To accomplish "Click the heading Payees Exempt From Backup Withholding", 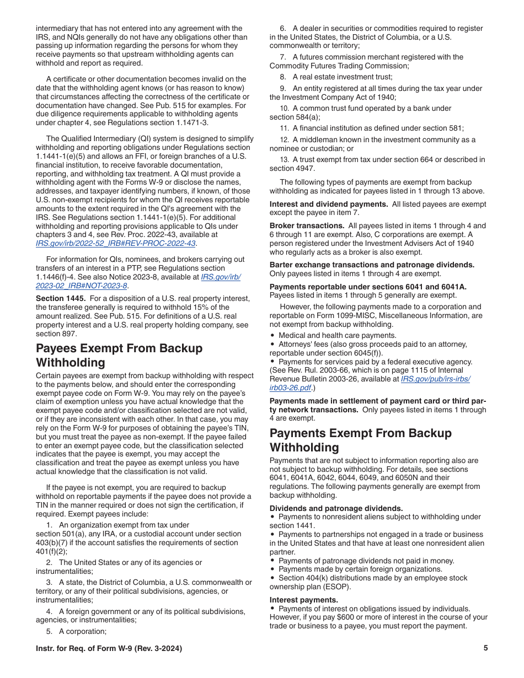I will (x=119, y=356).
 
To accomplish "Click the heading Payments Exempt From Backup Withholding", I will (x=360, y=440).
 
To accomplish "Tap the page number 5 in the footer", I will (x=485, y=648).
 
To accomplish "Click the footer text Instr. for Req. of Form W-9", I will (x=109, y=648).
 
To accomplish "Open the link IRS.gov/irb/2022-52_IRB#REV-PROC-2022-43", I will (x=115, y=243).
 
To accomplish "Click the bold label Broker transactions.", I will (x=307, y=225).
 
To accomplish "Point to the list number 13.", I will (x=284, y=160).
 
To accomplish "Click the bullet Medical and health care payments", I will (x=337, y=335).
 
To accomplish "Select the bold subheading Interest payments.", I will (x=304, y=600).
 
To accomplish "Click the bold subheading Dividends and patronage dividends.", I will (x=336, y=508).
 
